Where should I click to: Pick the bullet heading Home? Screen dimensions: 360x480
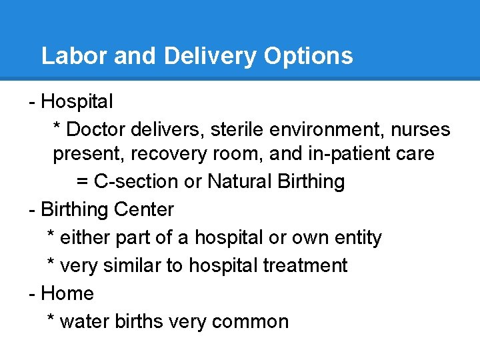pyautogui.click(x=67, y=293)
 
